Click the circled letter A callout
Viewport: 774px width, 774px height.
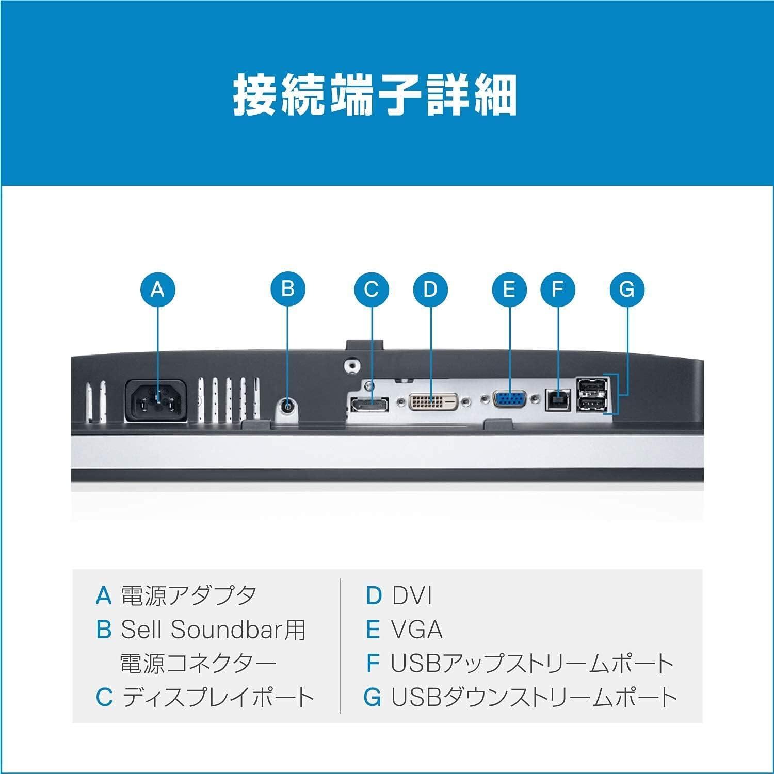(157, 288)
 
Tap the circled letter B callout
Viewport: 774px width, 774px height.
(288, 288)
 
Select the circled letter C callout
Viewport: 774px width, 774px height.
(372, 288)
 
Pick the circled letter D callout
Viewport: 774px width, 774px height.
(430, 288)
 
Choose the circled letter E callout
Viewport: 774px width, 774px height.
(509, 288)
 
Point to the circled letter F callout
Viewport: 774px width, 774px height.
(557, 288)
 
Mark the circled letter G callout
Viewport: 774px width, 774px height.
(626, 288)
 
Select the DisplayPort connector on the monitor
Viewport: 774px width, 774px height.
(370, 404)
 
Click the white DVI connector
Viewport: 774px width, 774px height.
(433, 401)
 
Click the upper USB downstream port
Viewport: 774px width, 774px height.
(591, 387)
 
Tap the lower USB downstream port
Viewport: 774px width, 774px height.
(591, 405)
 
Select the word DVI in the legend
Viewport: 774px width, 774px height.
(411, 596)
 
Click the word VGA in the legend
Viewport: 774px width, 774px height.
(416, 630)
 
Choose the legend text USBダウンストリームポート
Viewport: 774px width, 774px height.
(534, 697)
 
